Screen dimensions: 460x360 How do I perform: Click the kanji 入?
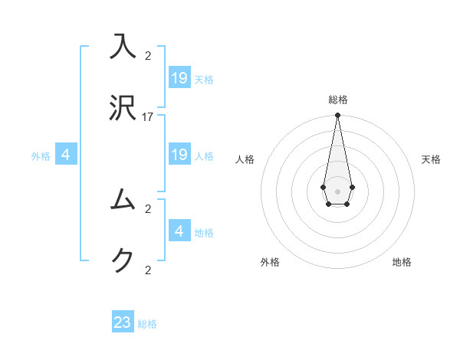click(123, 46)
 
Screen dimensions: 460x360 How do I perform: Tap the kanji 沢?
click(123, 108)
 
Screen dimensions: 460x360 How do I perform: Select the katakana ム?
click(123, 199)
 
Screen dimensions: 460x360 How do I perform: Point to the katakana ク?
click(123, 261)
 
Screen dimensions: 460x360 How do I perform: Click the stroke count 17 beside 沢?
click(148, 117)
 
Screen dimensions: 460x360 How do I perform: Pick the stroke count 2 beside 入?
click(148, 55)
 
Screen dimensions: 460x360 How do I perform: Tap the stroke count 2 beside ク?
click(148, 270)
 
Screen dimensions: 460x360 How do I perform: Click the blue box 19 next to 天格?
click(179, 77)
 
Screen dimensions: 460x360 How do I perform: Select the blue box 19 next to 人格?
click(179, 155)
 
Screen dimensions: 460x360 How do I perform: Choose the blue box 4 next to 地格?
click(179, 231)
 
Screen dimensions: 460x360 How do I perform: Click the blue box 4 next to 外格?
click(66, 155)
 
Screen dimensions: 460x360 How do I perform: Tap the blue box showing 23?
click(123, 322)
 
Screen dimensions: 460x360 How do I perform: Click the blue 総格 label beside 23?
click(147, 324)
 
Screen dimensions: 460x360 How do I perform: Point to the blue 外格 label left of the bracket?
click(41, 156)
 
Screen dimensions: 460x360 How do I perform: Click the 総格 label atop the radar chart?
click(338, 100)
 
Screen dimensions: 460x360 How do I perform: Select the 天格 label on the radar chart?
click(432, 159)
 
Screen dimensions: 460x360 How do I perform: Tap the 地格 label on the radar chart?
click(402, 262)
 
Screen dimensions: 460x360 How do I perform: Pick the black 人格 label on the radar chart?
click(245, 159)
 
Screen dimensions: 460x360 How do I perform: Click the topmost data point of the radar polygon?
click(337, 116)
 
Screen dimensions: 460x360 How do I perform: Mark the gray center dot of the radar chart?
click(337, 190)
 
